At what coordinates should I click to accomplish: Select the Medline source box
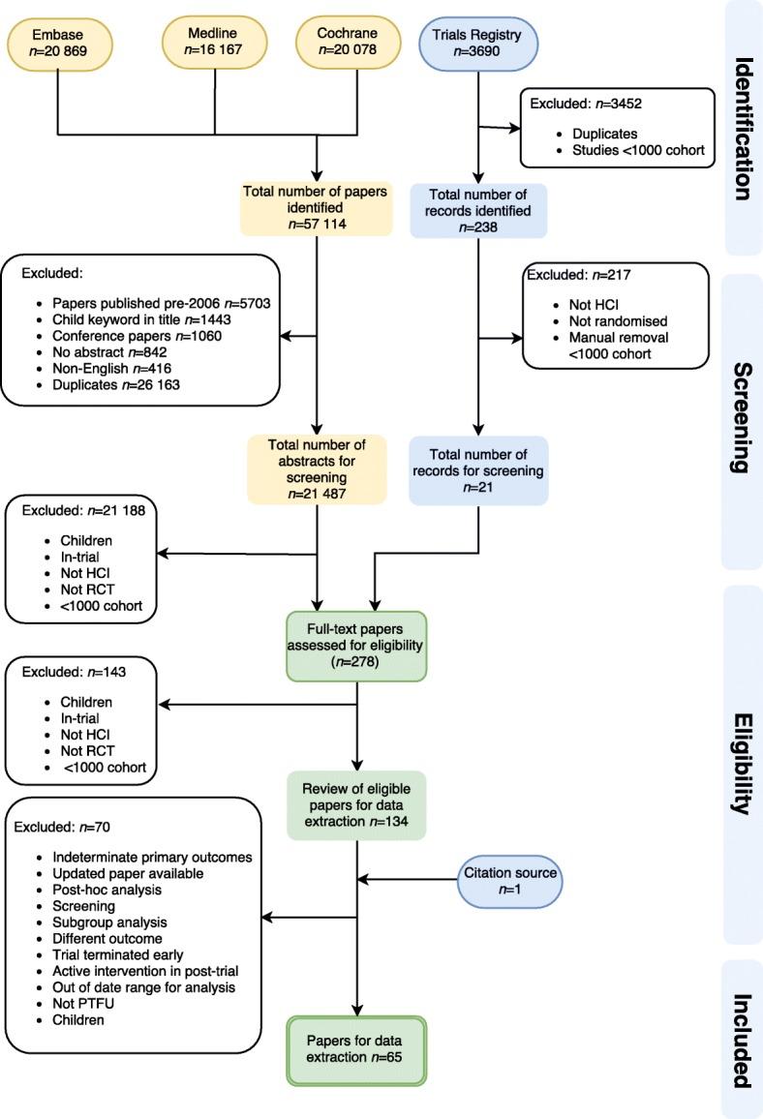click(213, 42)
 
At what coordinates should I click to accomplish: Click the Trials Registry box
click(476, 45)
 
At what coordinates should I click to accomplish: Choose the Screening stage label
click(743, 417)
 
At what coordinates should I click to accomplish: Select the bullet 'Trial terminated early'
click(107, 955)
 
